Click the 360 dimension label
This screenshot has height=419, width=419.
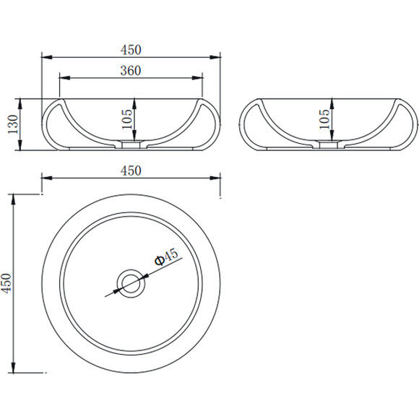[x=131, y=71]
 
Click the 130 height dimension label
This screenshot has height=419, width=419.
[x=13, y=124]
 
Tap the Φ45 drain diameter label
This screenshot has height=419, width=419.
[x=166, y=256]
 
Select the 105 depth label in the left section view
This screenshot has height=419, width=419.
[x=127, y=119]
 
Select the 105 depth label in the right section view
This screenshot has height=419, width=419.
[x=324, y=119]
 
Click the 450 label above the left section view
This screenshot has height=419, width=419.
[x=131, y=50]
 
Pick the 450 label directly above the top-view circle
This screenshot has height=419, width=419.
[x=131, y=170]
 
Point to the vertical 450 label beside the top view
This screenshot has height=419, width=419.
[x=7, y=283]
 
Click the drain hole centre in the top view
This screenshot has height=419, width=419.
[x=131, y=283]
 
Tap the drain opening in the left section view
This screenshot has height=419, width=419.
[x=131, y=144]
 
